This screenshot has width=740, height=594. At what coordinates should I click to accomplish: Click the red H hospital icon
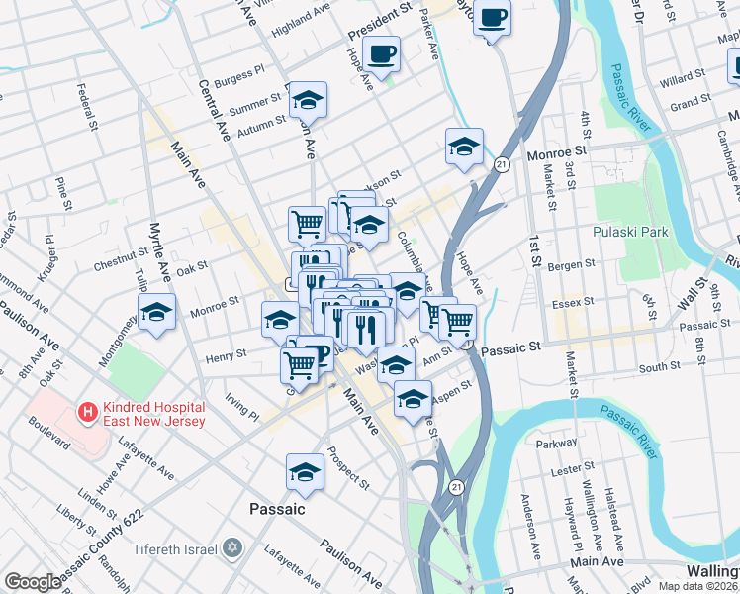[88, 410]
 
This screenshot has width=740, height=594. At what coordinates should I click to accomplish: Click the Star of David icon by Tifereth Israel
[233, 547]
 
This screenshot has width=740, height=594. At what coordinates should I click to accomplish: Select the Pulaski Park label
[630, 233]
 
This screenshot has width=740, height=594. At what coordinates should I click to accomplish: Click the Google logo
[33, 581]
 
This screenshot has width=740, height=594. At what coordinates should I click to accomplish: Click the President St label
[379, 22]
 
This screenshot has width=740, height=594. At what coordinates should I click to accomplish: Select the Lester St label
[573, 471]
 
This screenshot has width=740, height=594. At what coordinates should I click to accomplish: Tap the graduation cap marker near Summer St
[308, 99]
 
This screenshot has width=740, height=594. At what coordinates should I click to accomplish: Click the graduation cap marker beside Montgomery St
[156, 312]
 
